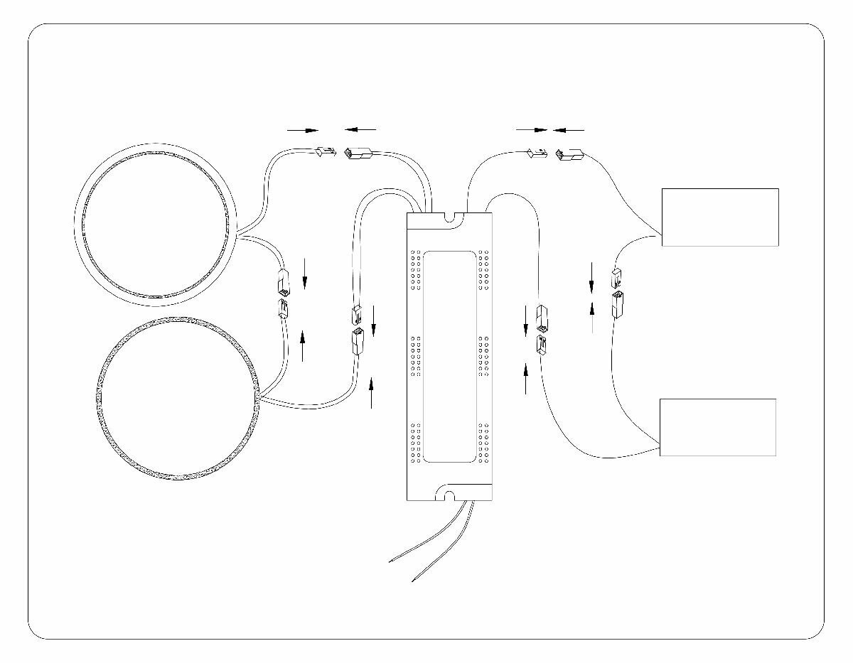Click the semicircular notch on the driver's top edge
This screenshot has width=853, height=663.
tap(449, 217)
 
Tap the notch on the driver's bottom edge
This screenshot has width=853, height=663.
tap(449, 492)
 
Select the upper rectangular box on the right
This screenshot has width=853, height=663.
tap(720, 217)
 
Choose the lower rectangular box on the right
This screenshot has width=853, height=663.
tap(718, 426)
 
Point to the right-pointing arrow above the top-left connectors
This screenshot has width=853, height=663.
tap(302, 130)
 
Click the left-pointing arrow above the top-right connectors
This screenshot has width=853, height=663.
tap(569, 130)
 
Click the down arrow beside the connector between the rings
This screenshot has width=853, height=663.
tap(304, 274)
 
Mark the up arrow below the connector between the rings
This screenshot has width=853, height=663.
tap(303, 346)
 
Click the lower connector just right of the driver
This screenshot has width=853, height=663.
tap(542, 346)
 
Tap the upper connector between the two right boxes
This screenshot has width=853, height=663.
tap(616, 277)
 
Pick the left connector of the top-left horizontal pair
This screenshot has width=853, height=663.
tap(323, 151)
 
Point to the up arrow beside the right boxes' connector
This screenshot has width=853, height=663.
tap(592, 317)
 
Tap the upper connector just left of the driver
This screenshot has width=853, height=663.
tap(357, 314)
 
